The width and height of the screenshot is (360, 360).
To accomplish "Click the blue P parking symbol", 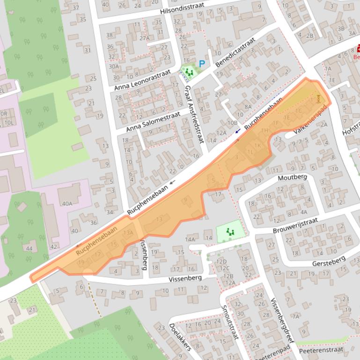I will [202, 64].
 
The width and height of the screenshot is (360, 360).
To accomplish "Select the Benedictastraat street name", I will [236, 52].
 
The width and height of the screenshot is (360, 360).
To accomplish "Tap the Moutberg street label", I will [292, 178].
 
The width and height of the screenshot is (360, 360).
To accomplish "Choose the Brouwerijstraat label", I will [295, 225].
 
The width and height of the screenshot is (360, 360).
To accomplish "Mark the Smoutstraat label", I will [230, 322].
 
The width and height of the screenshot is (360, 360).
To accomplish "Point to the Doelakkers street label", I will [180, 337].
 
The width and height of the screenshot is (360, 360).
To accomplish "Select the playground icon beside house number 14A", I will [230, 231].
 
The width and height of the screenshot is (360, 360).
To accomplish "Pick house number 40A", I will [67, 203].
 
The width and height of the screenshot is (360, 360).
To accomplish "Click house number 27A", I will [144, 38].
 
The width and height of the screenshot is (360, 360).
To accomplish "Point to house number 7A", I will [295, 317].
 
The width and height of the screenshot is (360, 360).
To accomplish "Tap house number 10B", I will [232, 123].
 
